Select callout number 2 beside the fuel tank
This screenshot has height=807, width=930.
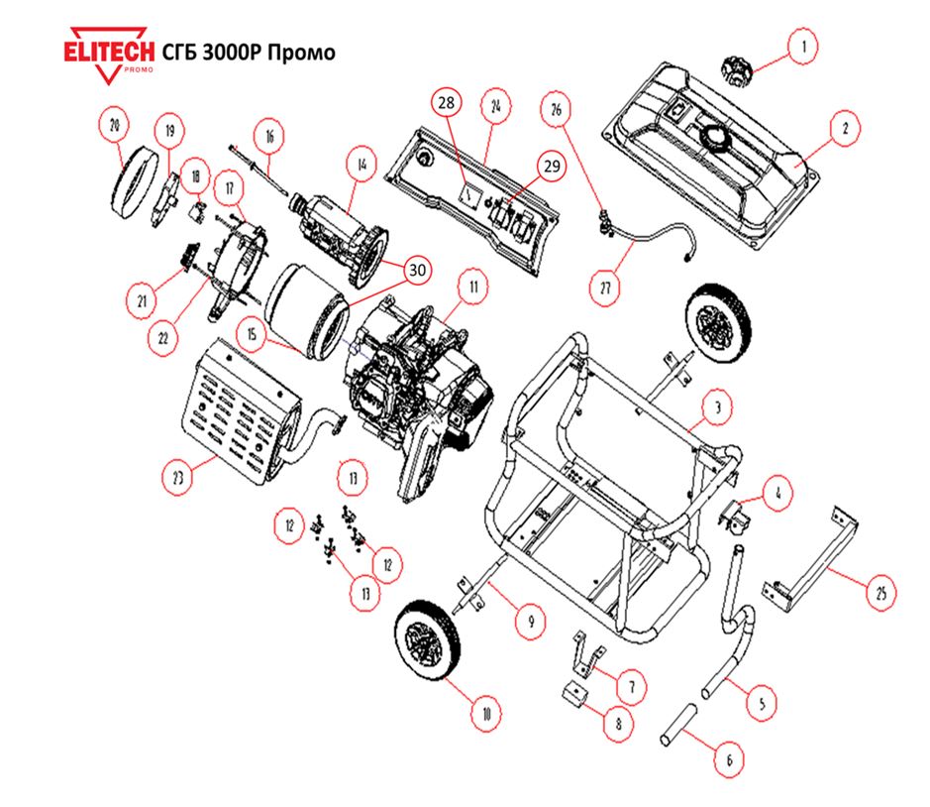coord(845,129)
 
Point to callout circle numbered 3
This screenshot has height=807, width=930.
coord(717,407)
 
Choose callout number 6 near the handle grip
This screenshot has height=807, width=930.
coord(729,760)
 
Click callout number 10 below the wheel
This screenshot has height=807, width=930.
coord(485,712)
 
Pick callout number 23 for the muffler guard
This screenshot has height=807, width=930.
coord(178,478)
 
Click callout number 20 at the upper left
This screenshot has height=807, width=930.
coord(116,125)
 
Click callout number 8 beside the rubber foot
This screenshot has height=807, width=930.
coord(619,723)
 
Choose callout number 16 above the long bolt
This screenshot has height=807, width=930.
coord(267,134)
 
